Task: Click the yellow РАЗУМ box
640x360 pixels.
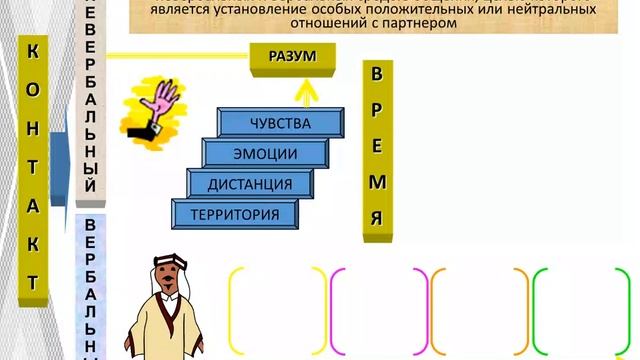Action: [x=292, y=57]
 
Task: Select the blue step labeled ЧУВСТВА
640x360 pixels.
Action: [x=279, y=124]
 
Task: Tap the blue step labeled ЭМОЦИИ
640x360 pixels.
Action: [x=264, y=154]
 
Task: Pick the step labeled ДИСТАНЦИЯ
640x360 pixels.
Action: [x=249, y=184]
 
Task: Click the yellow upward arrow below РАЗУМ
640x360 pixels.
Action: [x=305, y=89]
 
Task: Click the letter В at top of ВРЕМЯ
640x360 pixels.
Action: [x=376, y=74]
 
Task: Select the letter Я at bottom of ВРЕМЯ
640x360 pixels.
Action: [x=376, y=217]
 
